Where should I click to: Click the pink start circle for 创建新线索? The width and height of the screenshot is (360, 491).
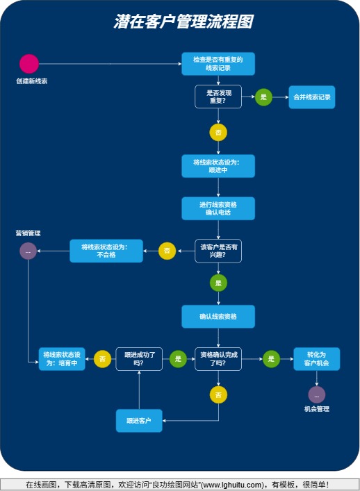pyautogui.click(x=29, y=64)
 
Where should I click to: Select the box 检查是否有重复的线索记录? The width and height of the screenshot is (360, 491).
pyautogui.click(x=218, y=64)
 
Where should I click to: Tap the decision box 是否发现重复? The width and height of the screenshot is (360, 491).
pyautogui.click(x=218, y=97)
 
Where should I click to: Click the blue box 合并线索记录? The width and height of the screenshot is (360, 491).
pyautogui.click(x=312, y=97)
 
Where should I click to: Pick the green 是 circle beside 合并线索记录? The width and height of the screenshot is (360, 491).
pyautogui.click(x=263, y=97)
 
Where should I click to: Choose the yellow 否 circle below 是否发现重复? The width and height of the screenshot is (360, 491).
pyautogui.click(x=218, y=132)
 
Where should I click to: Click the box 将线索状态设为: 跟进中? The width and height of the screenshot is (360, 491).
pyautogui.click(x=218, y=166)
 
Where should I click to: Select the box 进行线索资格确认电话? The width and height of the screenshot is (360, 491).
pyautogui.click(x=218, y=208)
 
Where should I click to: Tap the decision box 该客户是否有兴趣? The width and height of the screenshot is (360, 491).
pyautogui.click(x=218, y=251)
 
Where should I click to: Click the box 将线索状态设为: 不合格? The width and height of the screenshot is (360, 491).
pyautogui.click(x=106, y=251)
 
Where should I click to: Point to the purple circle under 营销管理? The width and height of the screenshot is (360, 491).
pyautogui.click(x=28, y=251)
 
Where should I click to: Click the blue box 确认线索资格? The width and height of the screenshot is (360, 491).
pyautogui.click(x=218, y=317)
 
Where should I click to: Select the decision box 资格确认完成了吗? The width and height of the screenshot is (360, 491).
pyautogui.click(x=218, y=359)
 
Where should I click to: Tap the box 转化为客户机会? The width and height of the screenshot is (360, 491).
pyautogui.click(x=316, y=359)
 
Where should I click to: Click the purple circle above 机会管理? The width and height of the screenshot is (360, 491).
pyautogui.click(x=316, y=394)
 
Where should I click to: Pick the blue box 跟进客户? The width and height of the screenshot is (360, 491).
pyautogui.click(x=139, y=421)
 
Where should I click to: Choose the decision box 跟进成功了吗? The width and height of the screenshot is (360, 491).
pyautogui.click(x=139, y=359)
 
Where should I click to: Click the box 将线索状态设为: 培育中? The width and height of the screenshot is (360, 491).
pyautogui.click(x=62, y=359)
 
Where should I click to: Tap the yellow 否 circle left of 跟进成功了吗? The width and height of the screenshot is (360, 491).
pyautogui.click(x=102, y=359)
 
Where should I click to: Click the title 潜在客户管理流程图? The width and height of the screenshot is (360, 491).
pyautogui.click(x=183, y=22)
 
